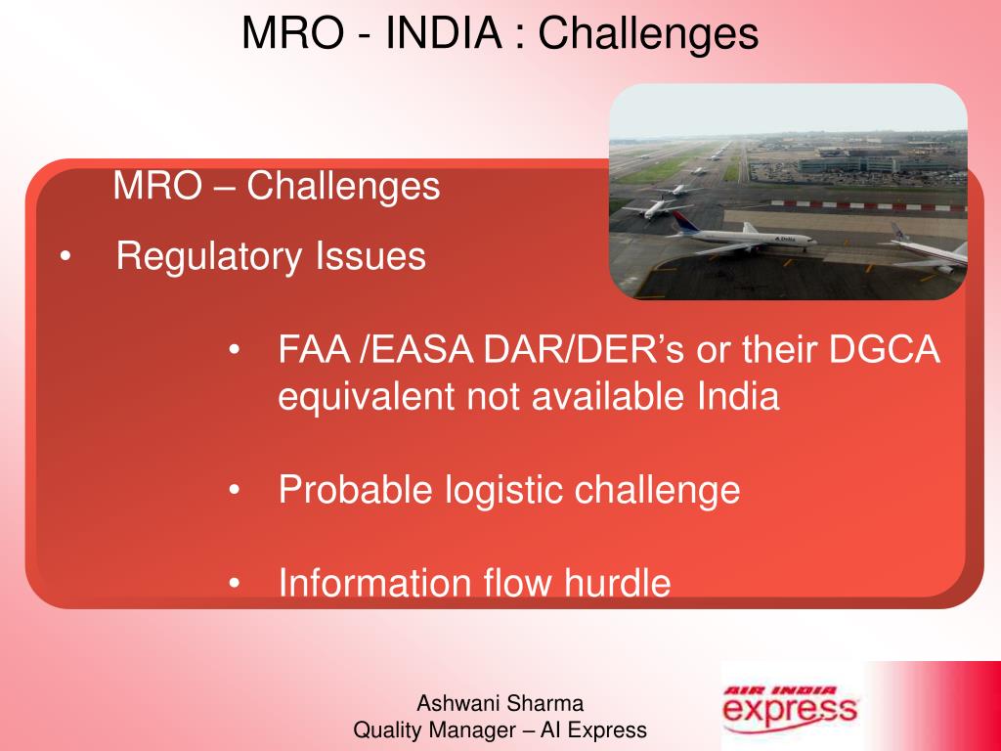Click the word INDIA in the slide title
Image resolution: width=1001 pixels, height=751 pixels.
444,32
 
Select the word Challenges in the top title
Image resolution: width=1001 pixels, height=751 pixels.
648,32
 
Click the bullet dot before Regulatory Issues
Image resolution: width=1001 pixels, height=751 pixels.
65,257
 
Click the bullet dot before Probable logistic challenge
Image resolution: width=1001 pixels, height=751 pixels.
236,490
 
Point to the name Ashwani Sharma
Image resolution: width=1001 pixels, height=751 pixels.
500,702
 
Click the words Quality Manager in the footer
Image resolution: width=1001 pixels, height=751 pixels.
435,729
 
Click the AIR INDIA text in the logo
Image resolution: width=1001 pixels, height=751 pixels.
780,690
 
